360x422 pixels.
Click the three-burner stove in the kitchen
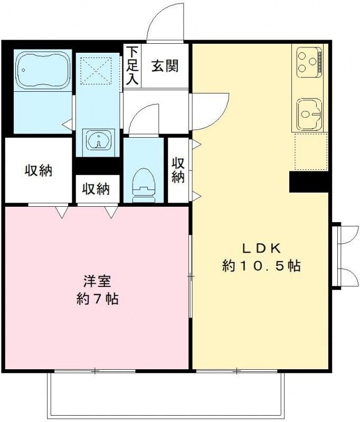point(308,60)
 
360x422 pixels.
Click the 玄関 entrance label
point(165,66)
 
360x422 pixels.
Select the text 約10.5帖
point(261,266)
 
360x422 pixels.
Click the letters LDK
point(261,248)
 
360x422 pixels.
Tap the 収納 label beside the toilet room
point(96,189)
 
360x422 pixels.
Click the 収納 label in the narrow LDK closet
point(178,170)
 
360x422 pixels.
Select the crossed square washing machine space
point(96,71)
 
